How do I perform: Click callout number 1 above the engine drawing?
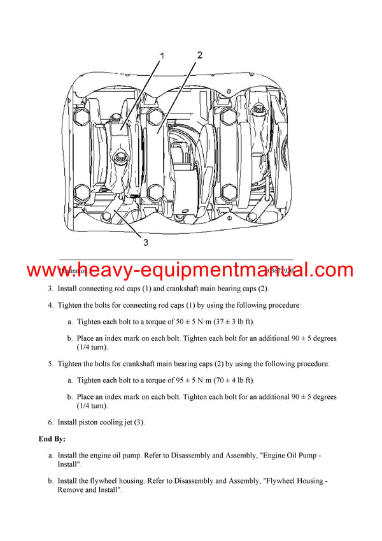162,56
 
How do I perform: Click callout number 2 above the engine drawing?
199,55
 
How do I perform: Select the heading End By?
52,439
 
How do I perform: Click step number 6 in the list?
50,422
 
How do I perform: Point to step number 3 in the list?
50,289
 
